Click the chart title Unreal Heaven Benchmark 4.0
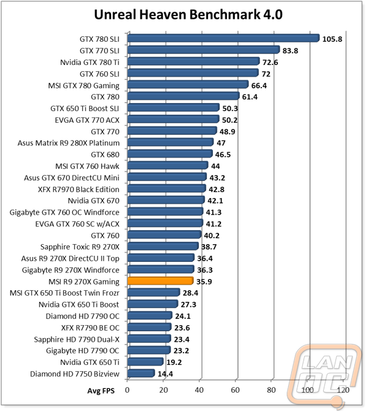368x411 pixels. pyautogui.click(x=188, y=15)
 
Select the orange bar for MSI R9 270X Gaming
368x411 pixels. pyautogui.click(x=161, y=281)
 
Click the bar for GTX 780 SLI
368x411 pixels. pyautogui.click(x=223, y=38)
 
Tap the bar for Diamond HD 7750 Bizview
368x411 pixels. pyautogui.click(x=140, y=373)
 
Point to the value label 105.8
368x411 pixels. pyautogui.click(x=332, y=39)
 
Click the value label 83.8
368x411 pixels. pyautogui.click(x=290, y=50)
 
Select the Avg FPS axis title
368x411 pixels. pyautogui.click(x=101, y=391)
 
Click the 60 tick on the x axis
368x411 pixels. pyautogui.click(x=235, y=390)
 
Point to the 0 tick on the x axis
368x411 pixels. pyautogui.click(x=127, y=390)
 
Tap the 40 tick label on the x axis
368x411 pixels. pyautogui.click(x=199, y=390)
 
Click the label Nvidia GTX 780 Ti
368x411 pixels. pyautogui.click(x=90, y=63)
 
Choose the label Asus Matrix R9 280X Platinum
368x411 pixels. pyautogui.click(x=69, y=143)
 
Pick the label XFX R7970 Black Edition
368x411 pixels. pyautogui.click(x=79, y=190)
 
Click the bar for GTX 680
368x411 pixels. pyautogui.click(x=170, y=153)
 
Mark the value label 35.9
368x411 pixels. pyautogui.click(x=204, y=282)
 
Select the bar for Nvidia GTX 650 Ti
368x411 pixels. pyautogui.click(x=145, y=361)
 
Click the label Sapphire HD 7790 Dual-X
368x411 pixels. pyautogui.click(x=77, y=339)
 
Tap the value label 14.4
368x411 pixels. pyautogui.click(x=165, y=374)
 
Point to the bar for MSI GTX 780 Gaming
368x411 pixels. pyautogui.click(x=188, y=85)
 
